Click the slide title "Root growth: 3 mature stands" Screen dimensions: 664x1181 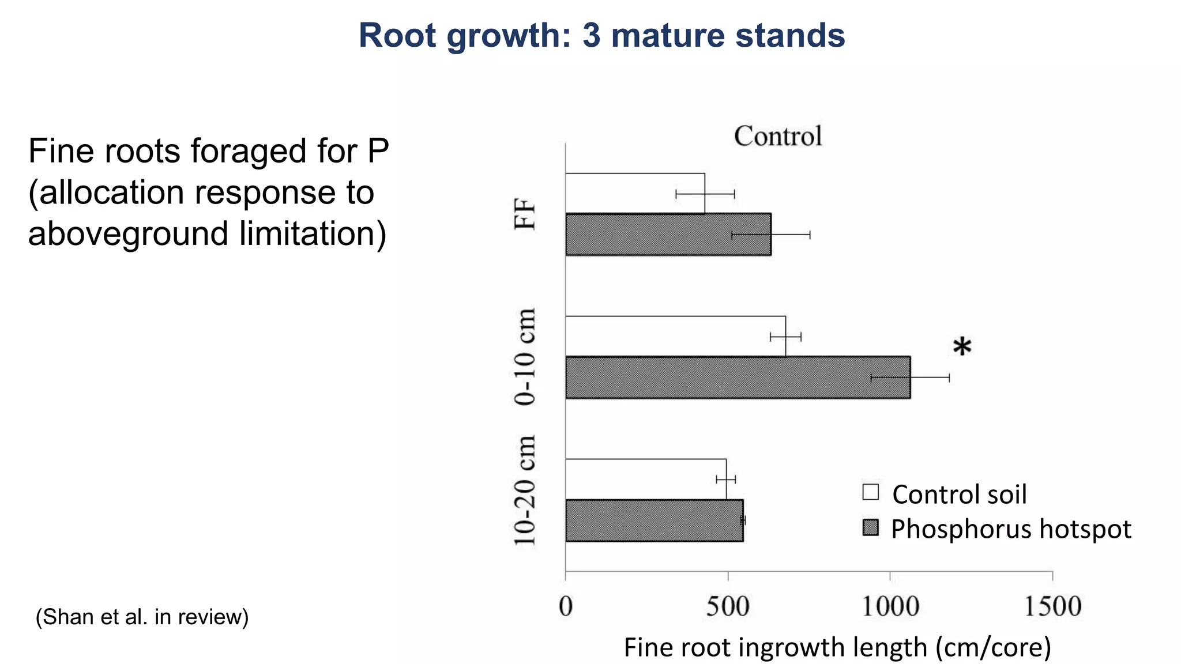click(601, 35)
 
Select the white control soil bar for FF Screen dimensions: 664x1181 click(635, 193)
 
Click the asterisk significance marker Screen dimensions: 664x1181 click(962, 348)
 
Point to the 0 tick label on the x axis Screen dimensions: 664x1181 click(566, 606)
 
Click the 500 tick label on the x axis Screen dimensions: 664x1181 click(728, 606)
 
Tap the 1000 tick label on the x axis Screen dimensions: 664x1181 click(890, 606)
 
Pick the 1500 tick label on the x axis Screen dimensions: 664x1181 click(1052, 606)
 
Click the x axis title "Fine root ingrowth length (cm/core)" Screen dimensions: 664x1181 click(837, 647)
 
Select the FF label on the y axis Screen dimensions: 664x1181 click(525, 214)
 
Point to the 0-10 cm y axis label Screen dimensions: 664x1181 click(525, 357)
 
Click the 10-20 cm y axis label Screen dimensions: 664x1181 click(525, 491)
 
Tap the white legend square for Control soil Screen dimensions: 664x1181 click(871, 492)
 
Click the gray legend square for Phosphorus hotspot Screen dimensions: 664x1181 click(871, 527)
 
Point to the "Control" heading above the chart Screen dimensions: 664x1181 click(778, 137)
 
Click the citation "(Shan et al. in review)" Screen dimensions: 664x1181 click(142, 617)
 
